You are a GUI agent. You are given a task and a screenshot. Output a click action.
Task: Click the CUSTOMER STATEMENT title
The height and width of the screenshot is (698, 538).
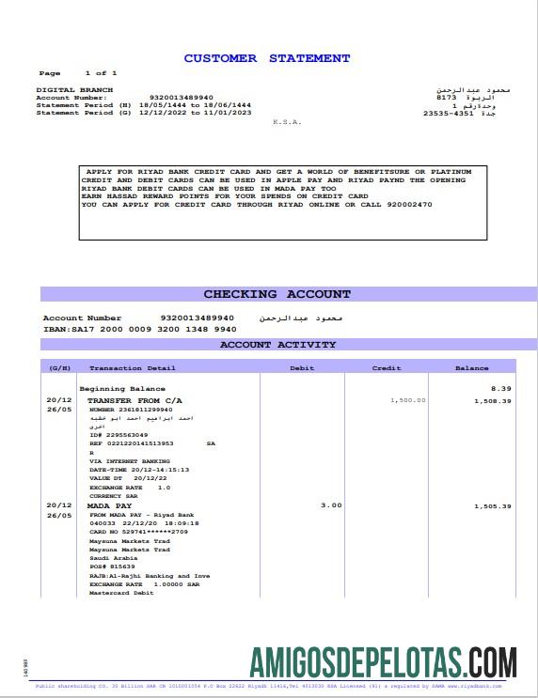click(267, 58)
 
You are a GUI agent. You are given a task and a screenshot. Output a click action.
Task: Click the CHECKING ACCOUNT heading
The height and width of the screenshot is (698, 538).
click(277, 294)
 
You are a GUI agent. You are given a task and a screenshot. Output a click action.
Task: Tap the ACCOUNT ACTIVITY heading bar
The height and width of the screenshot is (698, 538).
click(277, 345)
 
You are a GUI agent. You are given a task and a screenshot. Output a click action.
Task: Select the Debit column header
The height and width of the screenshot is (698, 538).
click(301, 368)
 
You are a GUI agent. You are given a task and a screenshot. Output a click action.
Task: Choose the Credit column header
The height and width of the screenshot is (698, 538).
click(387, 368)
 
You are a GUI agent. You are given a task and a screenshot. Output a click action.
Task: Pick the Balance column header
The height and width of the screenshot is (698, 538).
click(471, 368)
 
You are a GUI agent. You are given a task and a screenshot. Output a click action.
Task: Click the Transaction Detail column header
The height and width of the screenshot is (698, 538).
click(132, 368)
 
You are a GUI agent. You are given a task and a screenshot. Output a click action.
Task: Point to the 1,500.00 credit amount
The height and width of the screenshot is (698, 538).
click(407, 400)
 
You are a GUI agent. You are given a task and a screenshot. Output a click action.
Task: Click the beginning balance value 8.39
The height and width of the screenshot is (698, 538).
click(500, 388)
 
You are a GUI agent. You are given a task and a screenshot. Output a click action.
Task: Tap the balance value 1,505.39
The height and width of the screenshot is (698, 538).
click(492, 506)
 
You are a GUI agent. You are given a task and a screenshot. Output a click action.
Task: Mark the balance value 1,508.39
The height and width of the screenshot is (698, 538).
click(492, 401)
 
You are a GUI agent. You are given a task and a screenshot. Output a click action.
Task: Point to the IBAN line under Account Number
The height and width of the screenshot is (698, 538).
click(139, 329)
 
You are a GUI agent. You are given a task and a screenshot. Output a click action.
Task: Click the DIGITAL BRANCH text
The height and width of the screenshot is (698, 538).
click(61, 90)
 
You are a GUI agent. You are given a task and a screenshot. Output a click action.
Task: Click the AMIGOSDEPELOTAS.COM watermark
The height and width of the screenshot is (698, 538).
click(383, 662)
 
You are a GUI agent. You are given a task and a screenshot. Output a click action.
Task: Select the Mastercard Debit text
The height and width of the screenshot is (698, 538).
click(121, 592)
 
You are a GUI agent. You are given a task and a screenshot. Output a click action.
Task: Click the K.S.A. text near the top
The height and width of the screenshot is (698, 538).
click(284, 122)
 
